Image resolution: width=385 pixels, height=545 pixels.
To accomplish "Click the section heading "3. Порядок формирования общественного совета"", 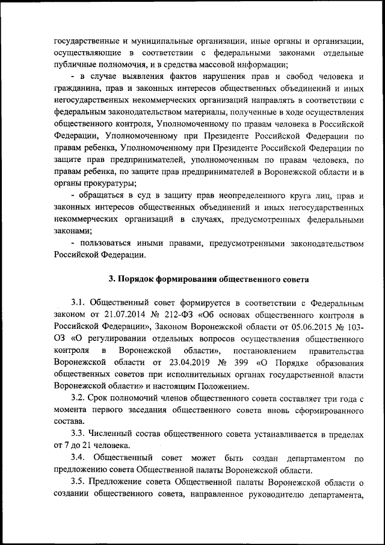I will pos(208,279).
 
